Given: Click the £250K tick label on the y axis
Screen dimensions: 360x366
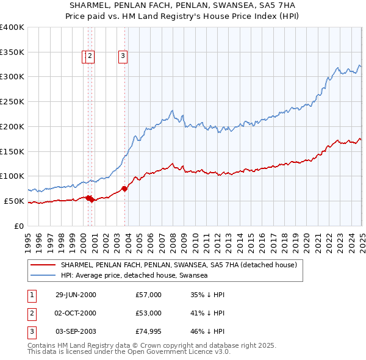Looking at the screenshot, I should pos(12,102).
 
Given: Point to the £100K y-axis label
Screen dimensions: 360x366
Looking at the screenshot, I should pos(12,176).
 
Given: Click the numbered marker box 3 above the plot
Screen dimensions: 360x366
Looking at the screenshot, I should pos(123,57).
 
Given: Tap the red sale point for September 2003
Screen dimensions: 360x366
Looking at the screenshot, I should pos(124,189).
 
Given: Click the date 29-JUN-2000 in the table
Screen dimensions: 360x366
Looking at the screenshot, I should pos(76,295).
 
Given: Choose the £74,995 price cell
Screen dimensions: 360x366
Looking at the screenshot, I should pos(149,331).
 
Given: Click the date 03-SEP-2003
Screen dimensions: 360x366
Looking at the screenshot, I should pos(76,331).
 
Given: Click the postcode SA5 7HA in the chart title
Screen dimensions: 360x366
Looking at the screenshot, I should pos(274,5).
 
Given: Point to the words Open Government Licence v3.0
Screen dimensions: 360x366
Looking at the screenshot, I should pos(183,353).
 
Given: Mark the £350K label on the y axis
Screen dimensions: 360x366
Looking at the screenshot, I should pos(12,52).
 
